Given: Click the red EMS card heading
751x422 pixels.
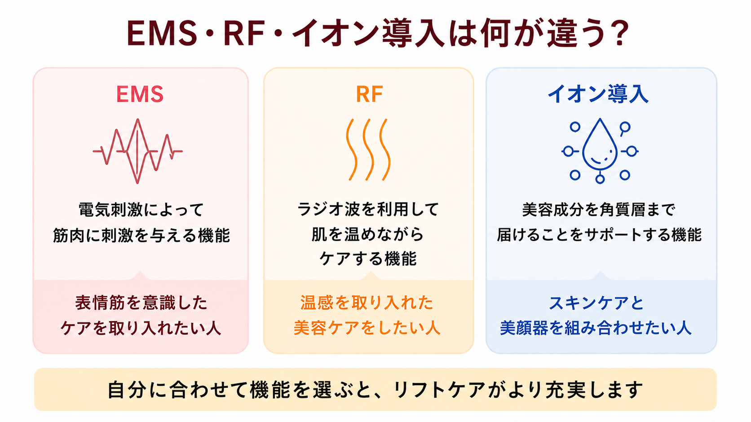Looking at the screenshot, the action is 140,94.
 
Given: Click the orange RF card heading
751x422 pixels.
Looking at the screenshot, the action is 369,94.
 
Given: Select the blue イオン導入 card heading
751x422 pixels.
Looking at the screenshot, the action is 598,94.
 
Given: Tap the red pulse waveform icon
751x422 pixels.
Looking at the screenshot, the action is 137,151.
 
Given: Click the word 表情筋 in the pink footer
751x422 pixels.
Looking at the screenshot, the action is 99,303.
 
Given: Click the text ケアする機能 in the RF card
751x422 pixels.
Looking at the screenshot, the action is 368,259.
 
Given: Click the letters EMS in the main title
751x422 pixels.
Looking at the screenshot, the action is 162,33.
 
